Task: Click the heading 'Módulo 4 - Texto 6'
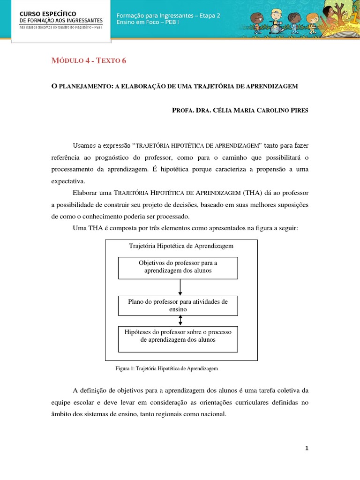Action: [88, 60]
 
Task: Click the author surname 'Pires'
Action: [297, 110]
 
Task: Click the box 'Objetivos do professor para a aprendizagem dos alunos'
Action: [178, 267]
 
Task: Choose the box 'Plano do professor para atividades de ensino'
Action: [178, 306]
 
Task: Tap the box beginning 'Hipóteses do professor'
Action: [178, 336]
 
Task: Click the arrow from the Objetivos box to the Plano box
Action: [180, 286]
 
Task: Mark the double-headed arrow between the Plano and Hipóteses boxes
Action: [180, 320]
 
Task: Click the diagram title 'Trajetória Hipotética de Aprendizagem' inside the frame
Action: [181, 246]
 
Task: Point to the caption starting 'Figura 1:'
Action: [167, 369]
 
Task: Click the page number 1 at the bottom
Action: [307, 448]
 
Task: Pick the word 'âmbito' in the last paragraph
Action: [62, 414]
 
